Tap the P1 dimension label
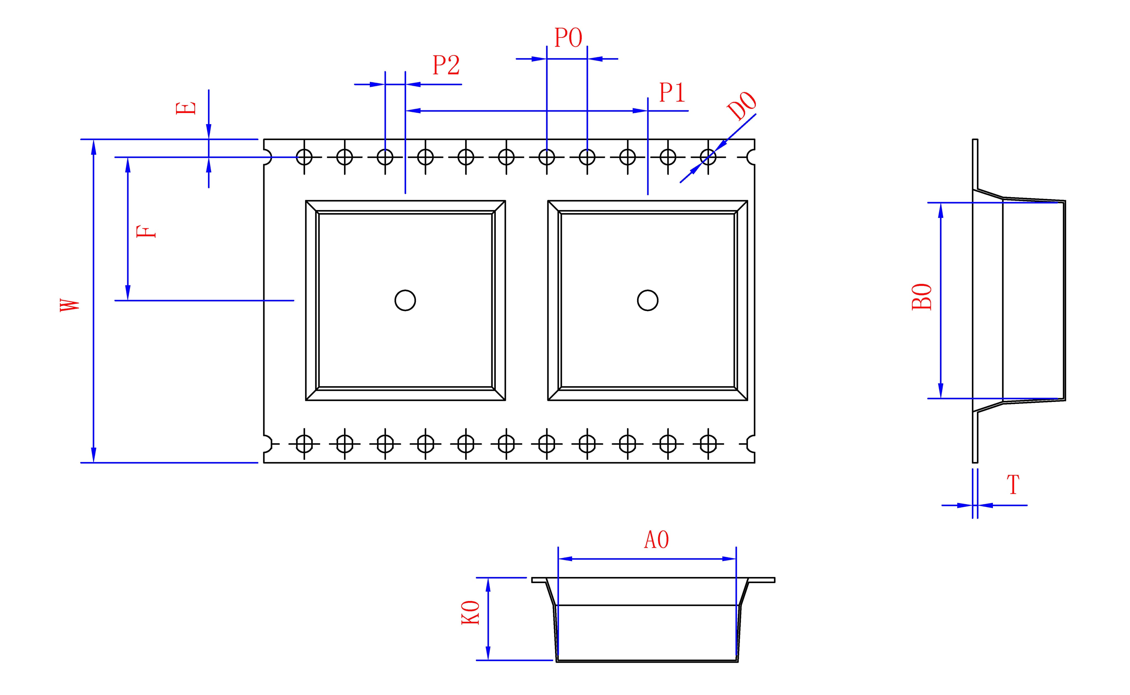click(672, 93)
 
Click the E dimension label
click(186, 108)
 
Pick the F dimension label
click(147, 231)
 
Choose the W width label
click(70, 305)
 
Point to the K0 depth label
click(470, 613)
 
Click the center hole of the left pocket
click(405, 300)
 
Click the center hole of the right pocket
click(647, 300)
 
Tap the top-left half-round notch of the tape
click(267, 157)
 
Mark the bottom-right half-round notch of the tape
click(751, 444)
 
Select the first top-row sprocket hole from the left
click(304, 157)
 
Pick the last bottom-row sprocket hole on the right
click(708, 444)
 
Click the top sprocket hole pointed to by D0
click(708, 157)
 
